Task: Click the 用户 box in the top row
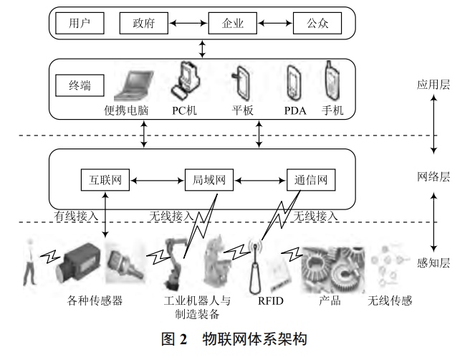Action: coord(77,24)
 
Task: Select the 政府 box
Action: coord(143,24)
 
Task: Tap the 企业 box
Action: coord(233,24)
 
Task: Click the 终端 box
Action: coord(80,87)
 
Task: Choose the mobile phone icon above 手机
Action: coord(332,81)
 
